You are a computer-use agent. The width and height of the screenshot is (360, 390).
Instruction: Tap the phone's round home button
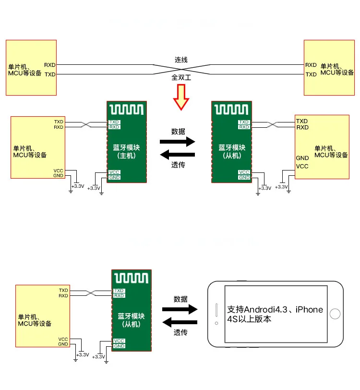[x=336, y=314]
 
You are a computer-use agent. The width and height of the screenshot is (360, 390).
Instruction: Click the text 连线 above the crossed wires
[x=181, y=60]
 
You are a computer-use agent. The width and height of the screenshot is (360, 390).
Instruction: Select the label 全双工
[x=181, y=77]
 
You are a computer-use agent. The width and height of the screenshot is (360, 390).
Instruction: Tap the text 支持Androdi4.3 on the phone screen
[x=259, y=310]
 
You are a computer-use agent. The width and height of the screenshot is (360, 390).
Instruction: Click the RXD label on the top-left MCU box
[x=50, y=65]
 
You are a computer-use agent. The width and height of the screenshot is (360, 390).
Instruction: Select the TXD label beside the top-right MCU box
[x=311, y=74]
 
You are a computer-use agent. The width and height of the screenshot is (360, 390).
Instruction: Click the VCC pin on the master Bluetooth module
[x=114, y=172]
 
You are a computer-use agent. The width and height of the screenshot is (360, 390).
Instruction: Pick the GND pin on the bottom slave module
[x=119, y=346]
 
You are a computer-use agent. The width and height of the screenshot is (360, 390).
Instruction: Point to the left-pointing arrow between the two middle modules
[x=178, y=155]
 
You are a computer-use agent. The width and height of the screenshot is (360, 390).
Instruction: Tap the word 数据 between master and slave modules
[x=178, y=131]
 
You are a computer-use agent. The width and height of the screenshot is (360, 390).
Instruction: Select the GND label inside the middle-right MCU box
[x=302, y=158]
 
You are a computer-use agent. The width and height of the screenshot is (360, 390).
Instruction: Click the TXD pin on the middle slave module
[x=244, y=122]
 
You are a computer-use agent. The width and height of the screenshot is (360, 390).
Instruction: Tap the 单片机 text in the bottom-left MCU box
[x=27, y=317]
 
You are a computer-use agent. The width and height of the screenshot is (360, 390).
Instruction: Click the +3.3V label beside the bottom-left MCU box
[x=83, y=354]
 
